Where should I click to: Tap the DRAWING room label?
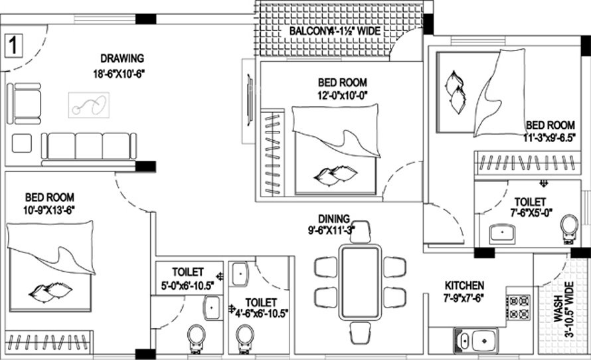122,58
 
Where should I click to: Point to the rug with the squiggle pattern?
89,105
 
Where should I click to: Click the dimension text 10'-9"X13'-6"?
49,210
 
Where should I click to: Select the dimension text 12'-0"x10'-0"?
342,95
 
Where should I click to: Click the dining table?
359,282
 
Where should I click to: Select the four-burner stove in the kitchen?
518,307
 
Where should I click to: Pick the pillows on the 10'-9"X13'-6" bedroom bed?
50,291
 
